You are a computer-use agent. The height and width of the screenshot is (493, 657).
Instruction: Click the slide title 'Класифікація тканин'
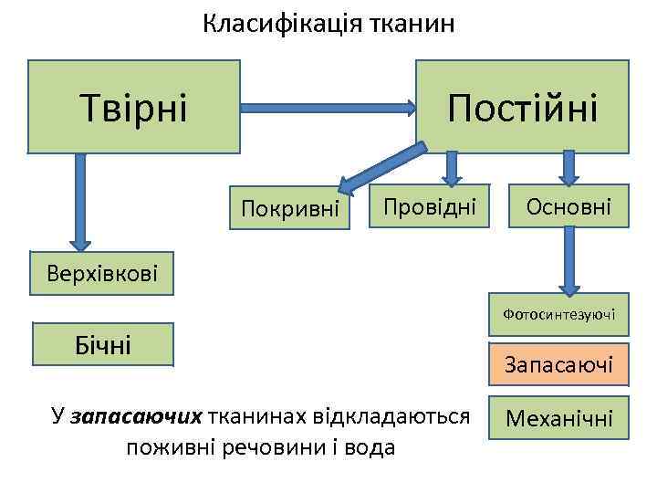(x=328, y=23)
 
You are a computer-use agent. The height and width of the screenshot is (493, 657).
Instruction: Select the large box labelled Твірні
(x=134, y=106)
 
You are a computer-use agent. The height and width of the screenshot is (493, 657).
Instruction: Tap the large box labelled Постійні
(x=522, y=106)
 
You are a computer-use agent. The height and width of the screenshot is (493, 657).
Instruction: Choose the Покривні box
(x=289, y=209)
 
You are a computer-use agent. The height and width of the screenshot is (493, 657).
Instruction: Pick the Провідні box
(x=429, y=207)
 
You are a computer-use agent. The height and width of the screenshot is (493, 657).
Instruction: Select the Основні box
(x=568, y=207)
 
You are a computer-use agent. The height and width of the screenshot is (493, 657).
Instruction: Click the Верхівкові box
(x=103, y=272)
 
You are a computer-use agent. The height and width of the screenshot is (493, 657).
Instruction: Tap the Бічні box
(x=102, y=344)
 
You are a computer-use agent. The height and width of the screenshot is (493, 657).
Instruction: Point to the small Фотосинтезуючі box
(x=558, y=315)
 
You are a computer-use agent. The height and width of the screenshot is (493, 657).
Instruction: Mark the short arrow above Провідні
(x=452, y=167)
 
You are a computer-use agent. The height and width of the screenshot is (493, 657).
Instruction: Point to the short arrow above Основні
(x=568, y=167)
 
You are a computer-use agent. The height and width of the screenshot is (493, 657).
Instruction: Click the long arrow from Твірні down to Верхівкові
(x=80, y=201)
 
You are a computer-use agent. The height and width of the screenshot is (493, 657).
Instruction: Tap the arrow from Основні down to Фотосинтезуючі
(x=568, y=259)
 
